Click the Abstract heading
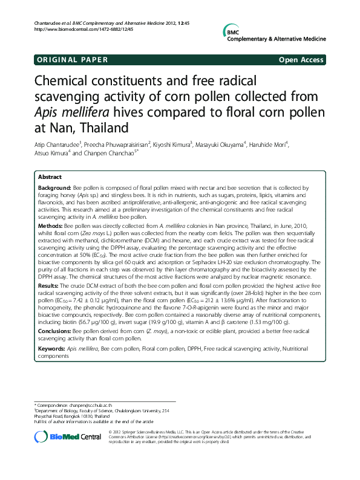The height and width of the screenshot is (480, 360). coord(50,177)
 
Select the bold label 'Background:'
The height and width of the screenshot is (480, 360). coord(54,189)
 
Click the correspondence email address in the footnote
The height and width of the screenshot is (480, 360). coord(87,403)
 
